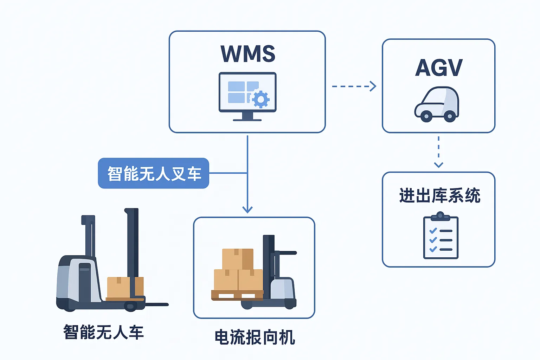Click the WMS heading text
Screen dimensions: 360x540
247,54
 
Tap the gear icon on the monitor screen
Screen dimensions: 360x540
261,99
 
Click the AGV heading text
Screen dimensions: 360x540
438,68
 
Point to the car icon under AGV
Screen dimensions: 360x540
437,104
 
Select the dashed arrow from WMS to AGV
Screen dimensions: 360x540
354,86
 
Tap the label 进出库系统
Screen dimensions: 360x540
439,195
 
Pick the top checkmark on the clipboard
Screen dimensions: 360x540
433,231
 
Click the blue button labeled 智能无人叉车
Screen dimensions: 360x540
154,173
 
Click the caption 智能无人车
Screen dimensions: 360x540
103,332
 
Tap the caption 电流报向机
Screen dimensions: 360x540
255,337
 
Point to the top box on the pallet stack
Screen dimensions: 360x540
238,259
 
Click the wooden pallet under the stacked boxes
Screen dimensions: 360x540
236,295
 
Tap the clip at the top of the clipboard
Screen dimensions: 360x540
440,216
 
